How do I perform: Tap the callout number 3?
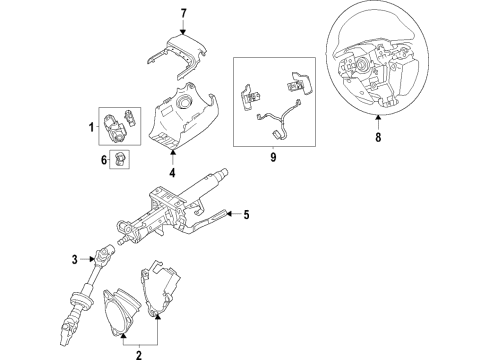click(x=73, y=261)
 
